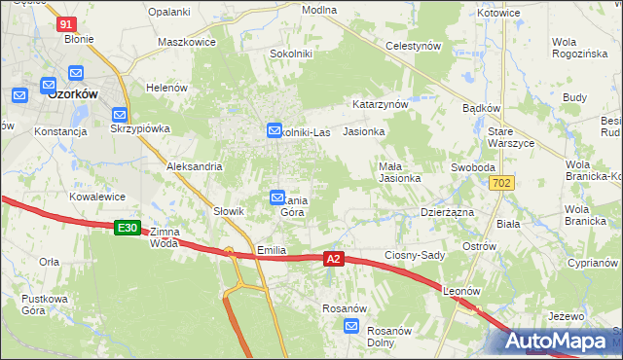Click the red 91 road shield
point(66,23)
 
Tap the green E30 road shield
point(127,228)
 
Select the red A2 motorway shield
point(334,259)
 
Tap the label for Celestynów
point(414,46)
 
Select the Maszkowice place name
point(186,44)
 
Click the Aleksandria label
point(195,166)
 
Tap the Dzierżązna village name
point(447,211)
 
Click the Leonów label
point(462,291)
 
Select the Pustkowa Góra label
point(49,304)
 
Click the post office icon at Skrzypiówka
point(120,114)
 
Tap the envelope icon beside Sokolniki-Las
point(275,129)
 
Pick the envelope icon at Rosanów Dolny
point(352,328)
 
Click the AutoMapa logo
point(559,341)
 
